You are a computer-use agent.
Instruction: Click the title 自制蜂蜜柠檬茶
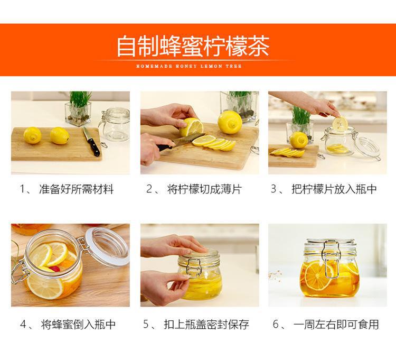click(193, 47)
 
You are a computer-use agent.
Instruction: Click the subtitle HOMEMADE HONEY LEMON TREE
click(189, 66)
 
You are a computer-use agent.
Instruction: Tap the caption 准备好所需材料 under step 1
click(76, 189)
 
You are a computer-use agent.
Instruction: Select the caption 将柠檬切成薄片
click(204, 189)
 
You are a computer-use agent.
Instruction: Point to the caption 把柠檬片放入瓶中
click(334, 189)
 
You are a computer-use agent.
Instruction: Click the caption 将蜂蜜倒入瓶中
click(78, 325)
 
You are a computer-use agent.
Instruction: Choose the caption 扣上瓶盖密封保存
click(206, 325)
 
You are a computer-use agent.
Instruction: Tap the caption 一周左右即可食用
click(336, 325)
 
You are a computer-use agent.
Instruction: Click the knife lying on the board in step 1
click(91, 142)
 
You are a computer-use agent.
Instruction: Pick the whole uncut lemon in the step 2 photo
click(230, 123)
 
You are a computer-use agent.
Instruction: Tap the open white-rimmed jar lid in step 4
click(107, 246)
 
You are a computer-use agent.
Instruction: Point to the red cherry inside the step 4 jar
click(54, 269)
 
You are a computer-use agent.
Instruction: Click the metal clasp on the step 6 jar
click(331, 259)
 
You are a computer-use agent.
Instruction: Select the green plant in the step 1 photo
click(80, 100)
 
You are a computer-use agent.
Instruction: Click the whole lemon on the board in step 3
click(298, 140)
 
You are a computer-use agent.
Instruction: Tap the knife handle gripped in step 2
click(165, 147)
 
